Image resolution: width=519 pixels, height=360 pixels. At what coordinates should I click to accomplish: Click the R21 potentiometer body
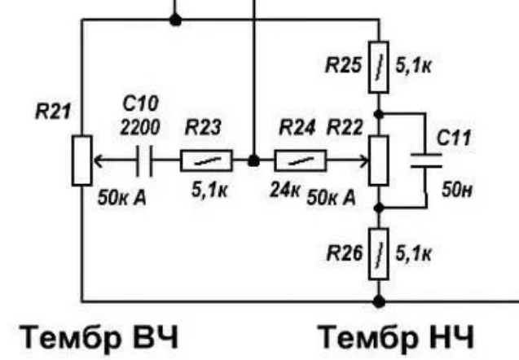[x=81, y=160]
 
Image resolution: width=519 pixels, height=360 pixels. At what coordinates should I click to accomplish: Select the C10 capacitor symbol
[x=144, y=160]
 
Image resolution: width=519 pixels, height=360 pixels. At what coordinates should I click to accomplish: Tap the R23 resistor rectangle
[x=206, y=160]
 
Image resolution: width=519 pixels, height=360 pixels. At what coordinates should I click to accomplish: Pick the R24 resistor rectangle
[x=301, y=160]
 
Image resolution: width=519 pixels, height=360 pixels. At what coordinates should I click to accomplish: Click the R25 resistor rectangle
[x=379, y=67]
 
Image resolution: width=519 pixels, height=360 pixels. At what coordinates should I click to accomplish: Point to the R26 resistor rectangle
[x=379, y=254]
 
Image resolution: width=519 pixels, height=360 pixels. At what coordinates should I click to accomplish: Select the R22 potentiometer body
[x=379, y=160]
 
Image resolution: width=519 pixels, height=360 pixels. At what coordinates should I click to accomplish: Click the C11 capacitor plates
[x=426, y=160]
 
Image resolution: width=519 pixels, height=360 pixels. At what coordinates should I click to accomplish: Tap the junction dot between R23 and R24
[x=254, y=160]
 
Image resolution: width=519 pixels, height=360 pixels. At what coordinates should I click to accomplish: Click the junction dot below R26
[x=379, y=301]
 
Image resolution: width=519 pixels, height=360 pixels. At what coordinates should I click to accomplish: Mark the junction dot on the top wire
[x=175, y=20]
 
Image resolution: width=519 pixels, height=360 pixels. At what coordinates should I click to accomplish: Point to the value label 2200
[x=140, y=127]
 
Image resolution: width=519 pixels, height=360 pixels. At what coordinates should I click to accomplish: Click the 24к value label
[x=285, y=190]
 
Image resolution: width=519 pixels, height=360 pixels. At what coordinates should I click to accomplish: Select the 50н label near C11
[x=457, y=190]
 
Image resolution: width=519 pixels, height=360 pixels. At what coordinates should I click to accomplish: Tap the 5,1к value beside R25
[x=413, y=66]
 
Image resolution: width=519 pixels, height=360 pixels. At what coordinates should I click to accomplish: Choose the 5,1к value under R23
[x=209, y=191]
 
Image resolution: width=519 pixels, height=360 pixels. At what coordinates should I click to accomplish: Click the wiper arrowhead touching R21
[x=98, y=160]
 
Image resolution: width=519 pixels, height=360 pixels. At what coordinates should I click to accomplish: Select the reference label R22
[x=345, y=127]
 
